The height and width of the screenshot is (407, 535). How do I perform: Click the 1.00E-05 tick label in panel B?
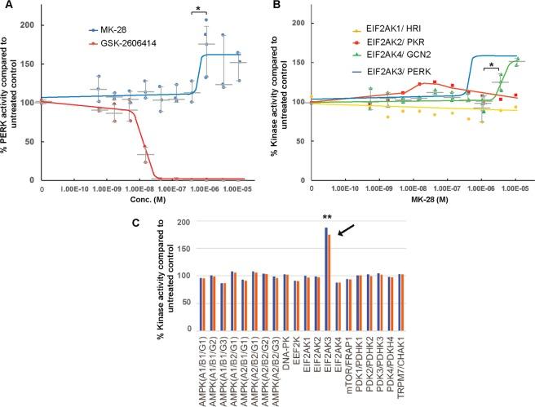(x=515, y=190)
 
